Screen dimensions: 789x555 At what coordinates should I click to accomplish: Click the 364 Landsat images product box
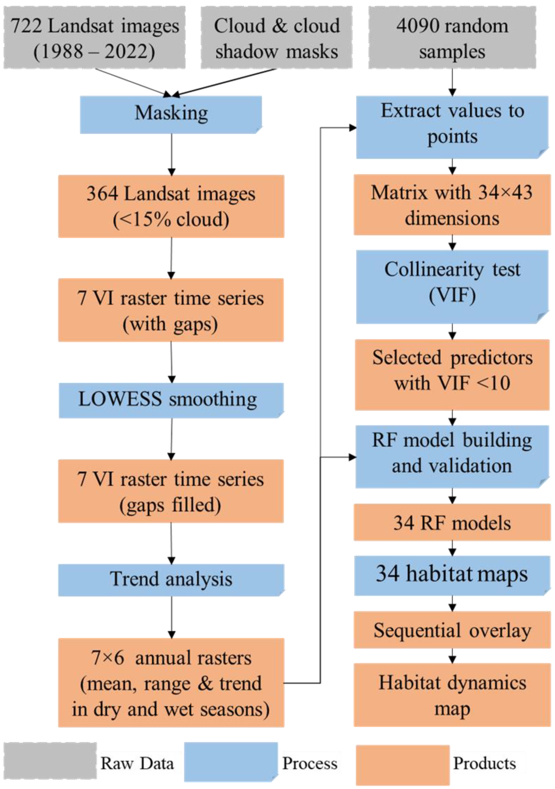(171, 206)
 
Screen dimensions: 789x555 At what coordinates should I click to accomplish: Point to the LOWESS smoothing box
(171, 400)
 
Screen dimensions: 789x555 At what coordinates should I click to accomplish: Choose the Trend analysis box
(171, 580)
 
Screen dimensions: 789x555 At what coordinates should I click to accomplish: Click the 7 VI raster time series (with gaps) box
(171, 310)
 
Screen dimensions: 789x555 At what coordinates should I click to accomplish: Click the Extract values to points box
(452, 127)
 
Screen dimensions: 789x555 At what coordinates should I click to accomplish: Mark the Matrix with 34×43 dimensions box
(452, 205)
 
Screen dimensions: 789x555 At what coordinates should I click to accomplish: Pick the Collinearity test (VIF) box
(452, 287)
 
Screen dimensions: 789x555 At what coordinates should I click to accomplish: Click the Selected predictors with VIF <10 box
(452, 375)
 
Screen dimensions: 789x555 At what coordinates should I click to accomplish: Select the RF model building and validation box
(452, 456)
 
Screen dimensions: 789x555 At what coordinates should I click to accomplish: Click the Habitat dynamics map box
(452, 695)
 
